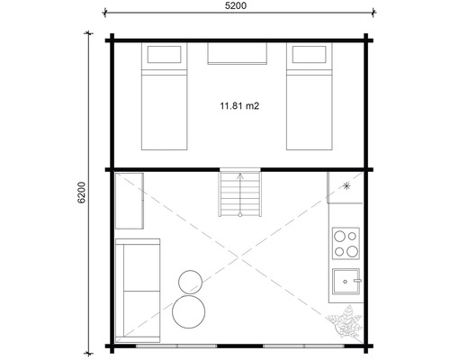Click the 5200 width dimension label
tap(238, 5)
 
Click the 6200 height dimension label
tap(80, 193)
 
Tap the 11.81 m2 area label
tap(238, 105)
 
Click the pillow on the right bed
tap(311, 57)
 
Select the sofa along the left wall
tap(137, 289)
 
